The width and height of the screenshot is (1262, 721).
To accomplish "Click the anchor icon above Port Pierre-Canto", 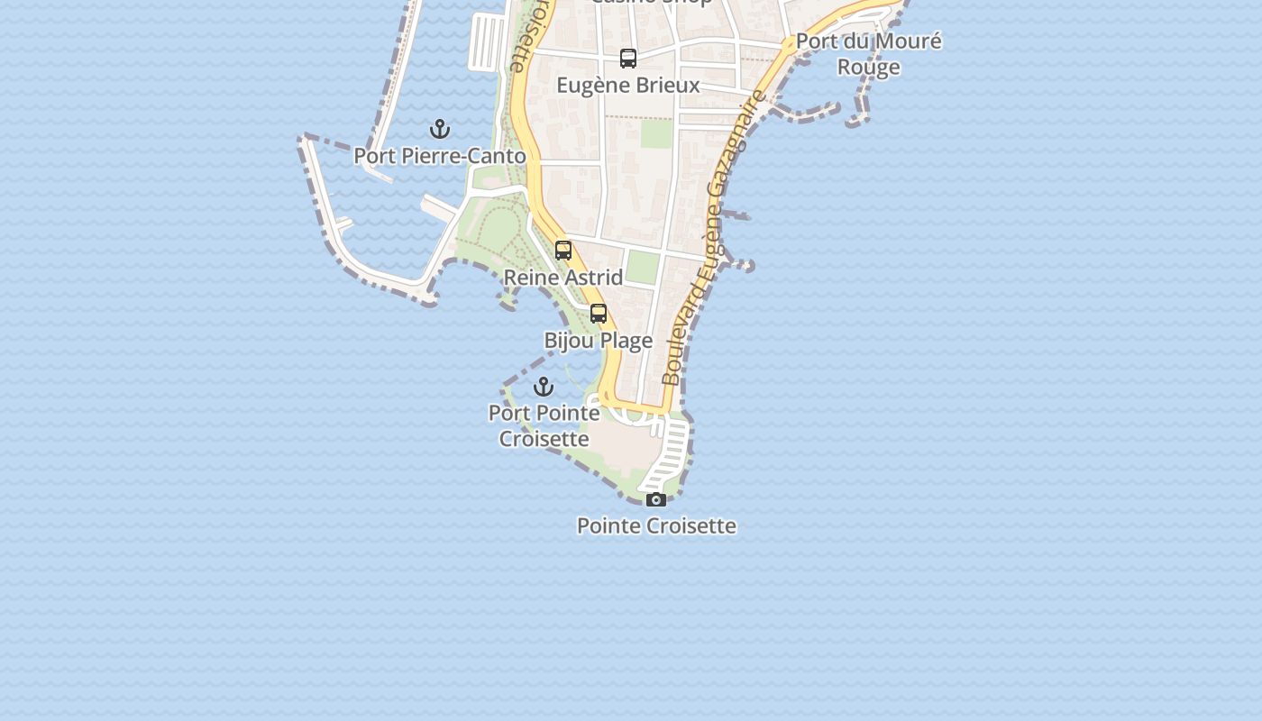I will click(x=440, y=129).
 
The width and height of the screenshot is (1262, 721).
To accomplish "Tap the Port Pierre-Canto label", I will click(x=440, y=156).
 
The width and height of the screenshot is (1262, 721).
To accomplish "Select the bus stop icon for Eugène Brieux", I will click(x=628, y=59).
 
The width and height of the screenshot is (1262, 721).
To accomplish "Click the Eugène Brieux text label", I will click(x=628, y=86).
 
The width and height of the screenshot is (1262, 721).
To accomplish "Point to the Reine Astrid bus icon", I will click(x=563, y=251).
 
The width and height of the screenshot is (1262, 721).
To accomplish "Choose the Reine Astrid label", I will click(x=563, y=278).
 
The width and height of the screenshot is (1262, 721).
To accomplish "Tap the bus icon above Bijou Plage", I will click(x=599, y=314).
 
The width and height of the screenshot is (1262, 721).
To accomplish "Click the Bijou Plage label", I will click(x=599, y=341).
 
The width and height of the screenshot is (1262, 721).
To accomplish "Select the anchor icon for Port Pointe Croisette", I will click(x=544, y=387).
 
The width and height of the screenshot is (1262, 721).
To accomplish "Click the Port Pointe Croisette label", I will click(x=544, y=425).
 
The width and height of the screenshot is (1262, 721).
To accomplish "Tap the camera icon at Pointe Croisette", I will click(x=656, y=499).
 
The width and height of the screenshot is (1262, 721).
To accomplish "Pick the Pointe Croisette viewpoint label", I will click(x=656, y=525).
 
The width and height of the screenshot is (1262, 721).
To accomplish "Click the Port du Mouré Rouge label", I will click(x=868, y=54).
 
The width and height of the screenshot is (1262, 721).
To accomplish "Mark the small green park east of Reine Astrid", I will click(x=643, y=268).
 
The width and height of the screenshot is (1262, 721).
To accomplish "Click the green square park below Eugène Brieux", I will click(x=656, y=134).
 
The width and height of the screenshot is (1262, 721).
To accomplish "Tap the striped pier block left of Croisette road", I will click(x=487, y=41).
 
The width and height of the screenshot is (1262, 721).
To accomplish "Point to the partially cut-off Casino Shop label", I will click(x=651, y=3).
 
